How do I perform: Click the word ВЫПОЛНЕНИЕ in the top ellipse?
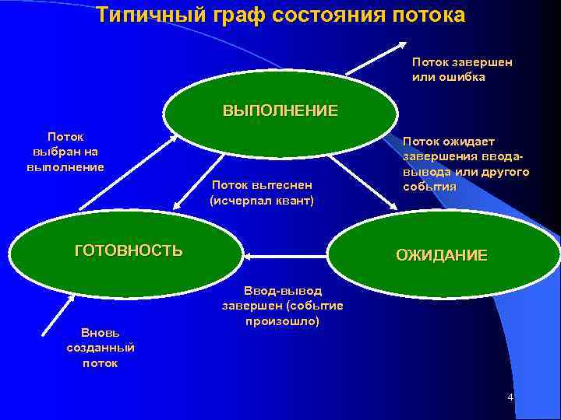[280, 110]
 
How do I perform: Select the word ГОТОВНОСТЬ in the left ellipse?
[129, 250]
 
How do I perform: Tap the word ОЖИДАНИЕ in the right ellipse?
[442, 255]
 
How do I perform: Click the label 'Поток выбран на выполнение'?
[65, 152]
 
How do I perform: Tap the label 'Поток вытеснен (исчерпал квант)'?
[262, 193]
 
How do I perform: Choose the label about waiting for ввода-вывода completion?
[465, 164]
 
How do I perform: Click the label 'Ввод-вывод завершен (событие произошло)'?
[282, 305]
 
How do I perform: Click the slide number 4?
[510, 397]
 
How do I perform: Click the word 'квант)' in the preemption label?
[293, 201]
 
